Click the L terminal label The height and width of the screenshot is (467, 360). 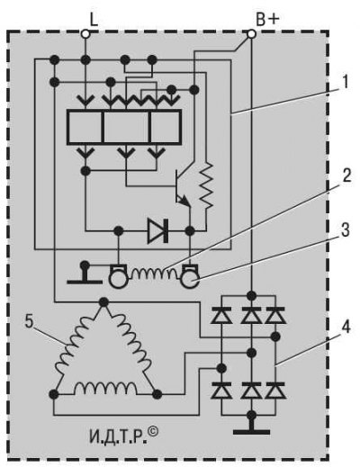tap(94, 20)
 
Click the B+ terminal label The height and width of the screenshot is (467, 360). tap(268, 20)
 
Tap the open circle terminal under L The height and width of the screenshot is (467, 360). tap(85, 34)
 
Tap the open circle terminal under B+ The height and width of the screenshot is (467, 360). tap(251, 34)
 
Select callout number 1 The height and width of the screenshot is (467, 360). tap(346, 82)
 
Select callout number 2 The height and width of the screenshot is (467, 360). tap(346, 175)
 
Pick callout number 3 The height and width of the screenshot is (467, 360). tap(346, 230)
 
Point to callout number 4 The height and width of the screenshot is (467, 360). tap(346, 328)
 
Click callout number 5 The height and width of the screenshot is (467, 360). tap(29, 322)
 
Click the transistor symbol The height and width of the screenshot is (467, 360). tap(183, 188)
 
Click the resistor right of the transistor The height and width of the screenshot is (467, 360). tap(206, 185)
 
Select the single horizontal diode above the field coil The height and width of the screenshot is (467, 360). tap(157, 230)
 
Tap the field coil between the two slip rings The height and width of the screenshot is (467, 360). tap(154, 273)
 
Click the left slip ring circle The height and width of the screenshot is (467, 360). tap(118, 280)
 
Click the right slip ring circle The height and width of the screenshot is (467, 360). tap(189, 280)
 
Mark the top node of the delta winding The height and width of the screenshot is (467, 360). tap(103, 302)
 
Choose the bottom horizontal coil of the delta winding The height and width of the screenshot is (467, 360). tap(105, 389)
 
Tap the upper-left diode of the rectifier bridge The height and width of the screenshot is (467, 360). tap(221, 315)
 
